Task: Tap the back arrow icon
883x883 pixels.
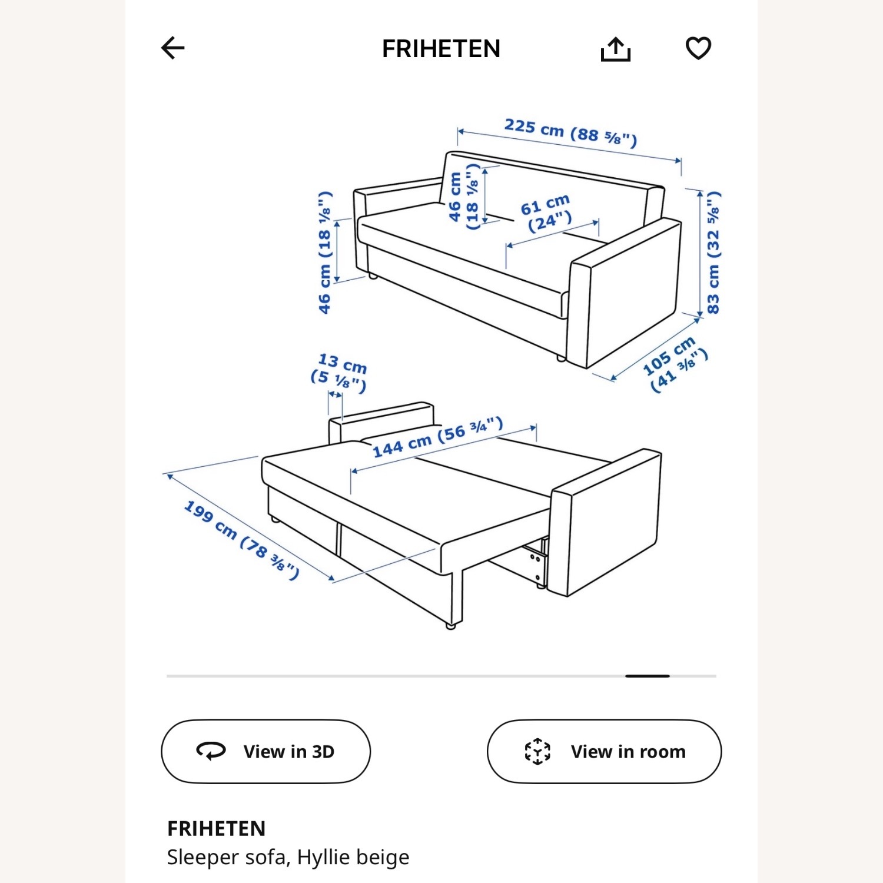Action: (x=173, y=48)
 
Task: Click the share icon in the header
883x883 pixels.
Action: (x=615, y=49)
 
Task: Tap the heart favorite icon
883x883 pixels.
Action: (x=698, y=48)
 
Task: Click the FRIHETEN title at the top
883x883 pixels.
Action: (x=441, y=49)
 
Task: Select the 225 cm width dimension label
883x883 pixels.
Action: (x=570, y=132)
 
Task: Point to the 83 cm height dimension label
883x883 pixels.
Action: (x=713, y=253)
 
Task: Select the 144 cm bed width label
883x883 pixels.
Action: (x=437, y=438)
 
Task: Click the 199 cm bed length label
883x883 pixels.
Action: (x=241, y=539)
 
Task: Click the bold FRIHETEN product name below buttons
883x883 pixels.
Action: (x=216, y=828)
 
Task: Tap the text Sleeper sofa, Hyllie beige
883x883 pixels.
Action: (x=288, y=857)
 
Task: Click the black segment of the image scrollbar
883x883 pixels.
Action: (x=647, y=676)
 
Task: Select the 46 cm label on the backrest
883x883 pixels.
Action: (x=463, y=197)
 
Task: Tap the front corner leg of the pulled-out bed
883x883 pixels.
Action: (x=451, y=625)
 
